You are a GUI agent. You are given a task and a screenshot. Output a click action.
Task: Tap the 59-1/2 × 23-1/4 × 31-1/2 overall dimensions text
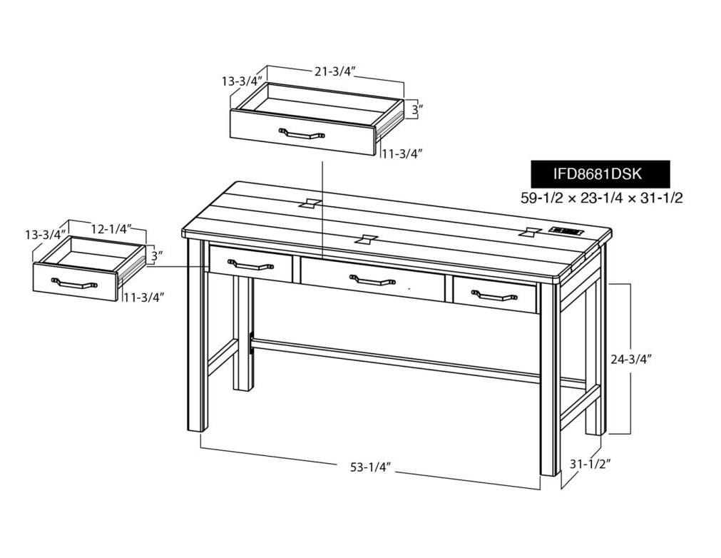(601, 198)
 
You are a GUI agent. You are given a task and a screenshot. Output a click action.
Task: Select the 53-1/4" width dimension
(371, 467)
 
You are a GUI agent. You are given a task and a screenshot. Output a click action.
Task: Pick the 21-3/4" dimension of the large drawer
(336, 71)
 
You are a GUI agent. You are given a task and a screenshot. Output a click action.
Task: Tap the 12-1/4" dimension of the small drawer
(112, 228)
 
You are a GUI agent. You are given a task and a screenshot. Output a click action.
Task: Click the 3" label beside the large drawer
(416, 110)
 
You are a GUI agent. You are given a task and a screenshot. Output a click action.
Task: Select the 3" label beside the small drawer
(158, 256)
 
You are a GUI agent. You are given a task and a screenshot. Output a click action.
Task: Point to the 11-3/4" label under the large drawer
(402, 153)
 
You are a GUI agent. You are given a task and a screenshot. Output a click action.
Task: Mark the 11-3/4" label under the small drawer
(143, 298)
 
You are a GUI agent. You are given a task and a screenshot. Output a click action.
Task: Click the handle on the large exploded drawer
(302, 133)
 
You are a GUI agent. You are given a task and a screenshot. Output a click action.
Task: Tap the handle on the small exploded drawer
(74, 283)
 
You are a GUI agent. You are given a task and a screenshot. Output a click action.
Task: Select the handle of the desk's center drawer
(372, 279)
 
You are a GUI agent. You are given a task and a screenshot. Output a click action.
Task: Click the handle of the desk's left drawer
(251, 265)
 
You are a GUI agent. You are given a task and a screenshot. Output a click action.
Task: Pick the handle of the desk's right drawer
(495, 295)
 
